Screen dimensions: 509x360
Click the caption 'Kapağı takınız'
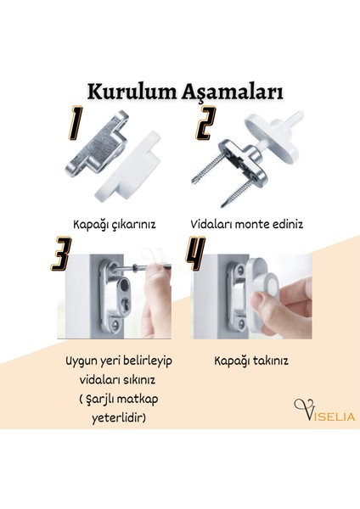[250, 361]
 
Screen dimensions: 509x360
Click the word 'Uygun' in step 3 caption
[82, 361]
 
